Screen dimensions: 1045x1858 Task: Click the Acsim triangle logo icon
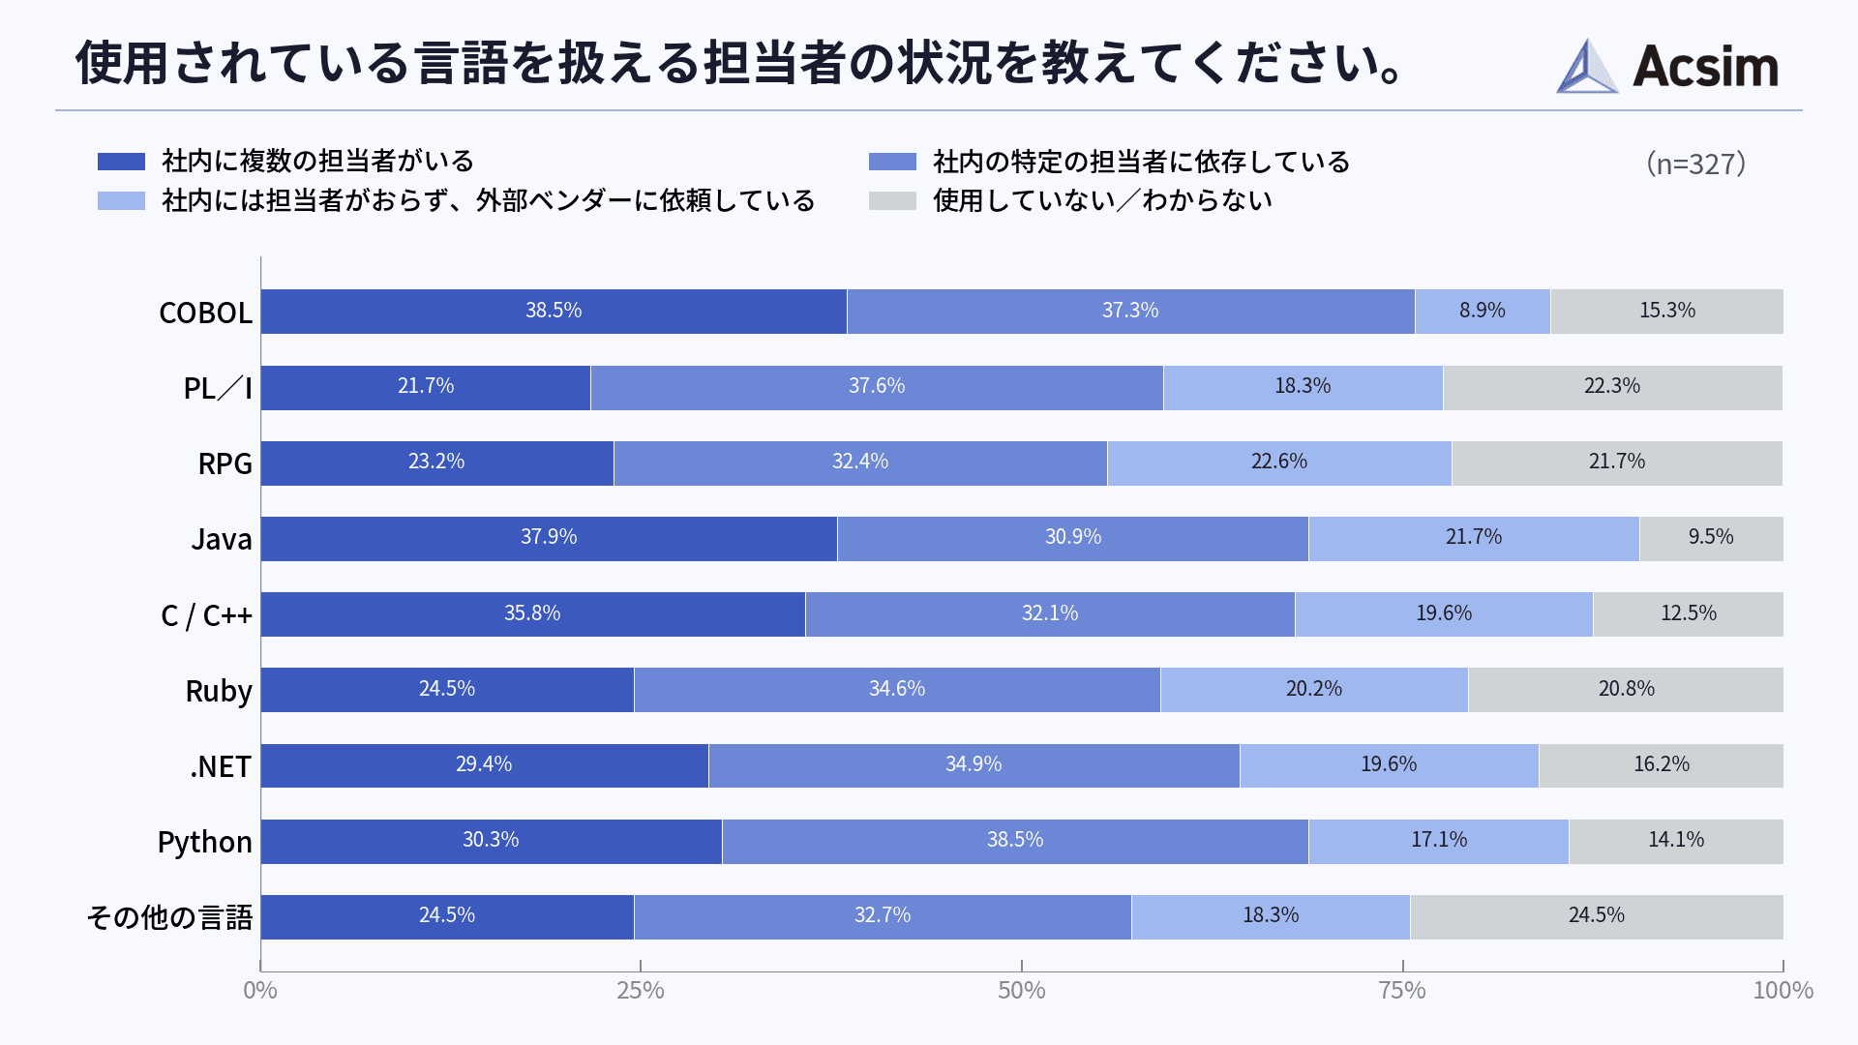pyautogui.click(x=1586, y=68)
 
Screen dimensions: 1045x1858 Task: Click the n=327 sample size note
pyautogui.click(x=1695, y=164)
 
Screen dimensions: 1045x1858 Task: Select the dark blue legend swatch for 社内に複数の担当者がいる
pyautogui.click(x=121, y=162)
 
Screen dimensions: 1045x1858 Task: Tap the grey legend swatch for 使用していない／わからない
pyautogui.click(x=892, y=201)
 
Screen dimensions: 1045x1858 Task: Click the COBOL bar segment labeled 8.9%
pyautogui.click(x=1482, y=312)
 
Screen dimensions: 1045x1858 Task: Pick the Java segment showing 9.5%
pyautogui.click(x=1710, y=538)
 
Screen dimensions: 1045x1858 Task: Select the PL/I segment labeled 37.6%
pyautogui.click(x=876, y=387)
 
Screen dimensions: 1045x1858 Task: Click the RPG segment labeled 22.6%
pyautogui.click(x=1278, y=463)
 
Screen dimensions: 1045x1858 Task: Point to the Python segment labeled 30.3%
pyautogui.click(x=491, y=841)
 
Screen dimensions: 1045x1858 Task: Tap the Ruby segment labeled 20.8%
pyautogui.click(x=1626, y=690)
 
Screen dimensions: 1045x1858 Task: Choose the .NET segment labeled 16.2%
pyautogui.click(x=1661, y=765)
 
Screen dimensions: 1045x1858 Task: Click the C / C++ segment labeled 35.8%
pyautogui.click(x=532, y=614)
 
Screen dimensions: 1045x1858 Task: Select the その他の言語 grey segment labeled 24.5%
pyautogui.click(x=1596, y=916)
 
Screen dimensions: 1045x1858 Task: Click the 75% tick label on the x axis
pyautogui.click(x=1402, y=991)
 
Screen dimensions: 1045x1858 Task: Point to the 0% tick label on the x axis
pyautogui.click(x=259, y=991)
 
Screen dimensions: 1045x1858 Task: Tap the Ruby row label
pyautogui.click(x=219, y=691)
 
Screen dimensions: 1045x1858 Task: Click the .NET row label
pyautogui.click(x=221, y=766)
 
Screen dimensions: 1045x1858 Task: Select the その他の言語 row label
pyautogui.click(x=170, y=917)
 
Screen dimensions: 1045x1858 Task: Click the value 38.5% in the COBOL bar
pyautogui.click(x=554, y=312)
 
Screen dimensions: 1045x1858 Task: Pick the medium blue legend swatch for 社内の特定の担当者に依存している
pyautogui.click(x=892, y=162)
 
